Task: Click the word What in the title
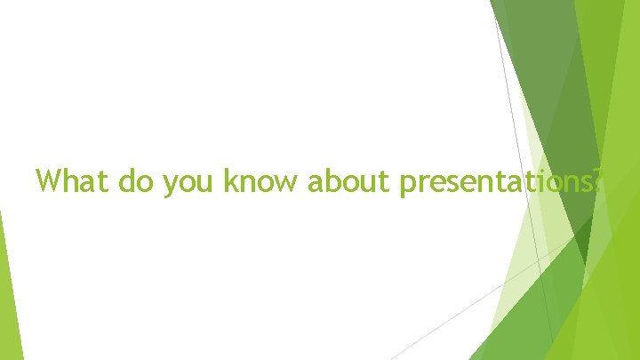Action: point(68,181)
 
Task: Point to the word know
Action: point(262,181)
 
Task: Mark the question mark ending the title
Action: point(597,181)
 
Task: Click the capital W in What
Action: point(49,181)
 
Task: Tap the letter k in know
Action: point(228,181)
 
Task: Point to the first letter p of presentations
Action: point(407,185)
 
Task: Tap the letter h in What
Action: point(69,181)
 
